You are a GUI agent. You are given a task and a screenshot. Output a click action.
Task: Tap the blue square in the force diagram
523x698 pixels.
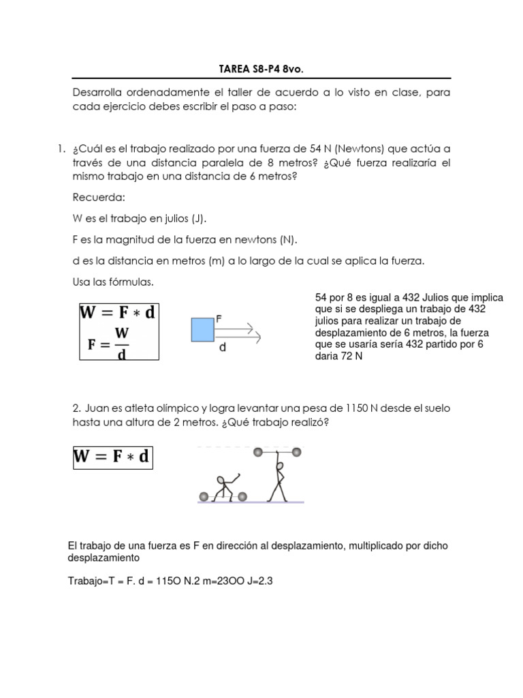pyautogui.click(x=202, y=329)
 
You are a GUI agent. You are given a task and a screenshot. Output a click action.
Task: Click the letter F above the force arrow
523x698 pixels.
pyautogui.click(x=218, y=318)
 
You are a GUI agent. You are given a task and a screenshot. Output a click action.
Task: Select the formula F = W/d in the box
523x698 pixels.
pyautogui.click(x=119, y=344)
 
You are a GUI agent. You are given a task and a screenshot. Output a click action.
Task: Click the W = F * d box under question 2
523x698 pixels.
pyautogui.click(x=113, y=457)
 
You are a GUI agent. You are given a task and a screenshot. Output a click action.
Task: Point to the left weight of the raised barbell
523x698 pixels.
pyautogui.click(x=257, y=451)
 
